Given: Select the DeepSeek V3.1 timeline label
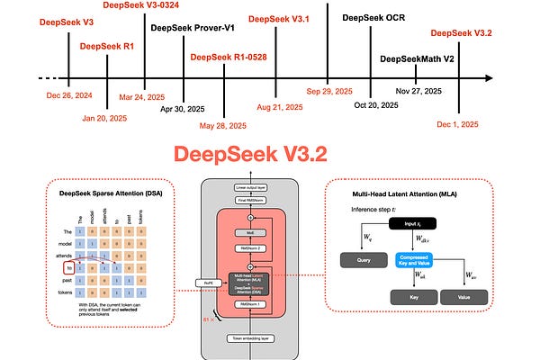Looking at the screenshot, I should (281, 19).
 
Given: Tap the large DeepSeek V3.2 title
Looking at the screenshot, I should (270, 155).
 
